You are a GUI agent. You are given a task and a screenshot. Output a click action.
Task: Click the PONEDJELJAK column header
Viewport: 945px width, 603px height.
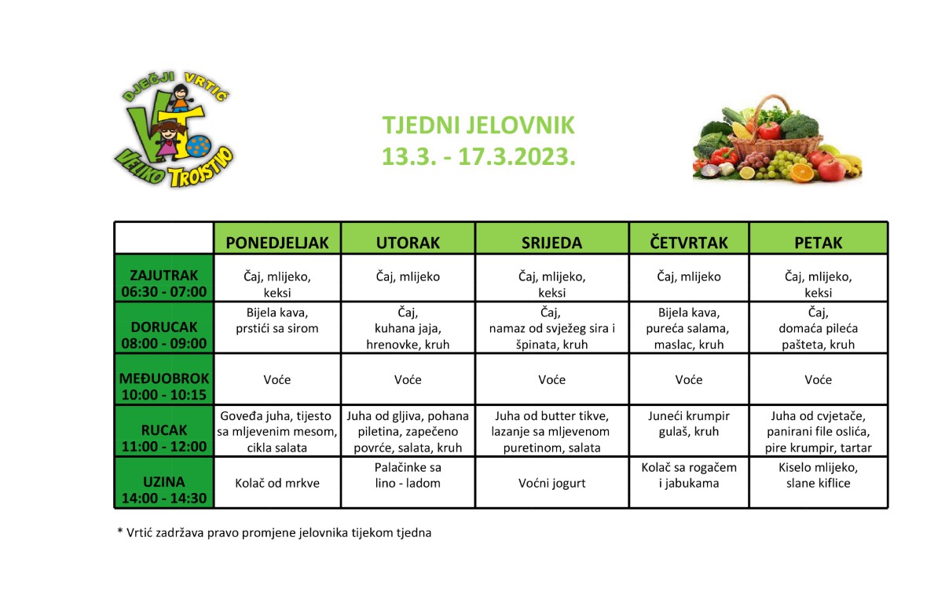click(277, 243)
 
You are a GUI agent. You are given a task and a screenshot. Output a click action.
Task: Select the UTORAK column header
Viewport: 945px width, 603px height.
click(408, 243)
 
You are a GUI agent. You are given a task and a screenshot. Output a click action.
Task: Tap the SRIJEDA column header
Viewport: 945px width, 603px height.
click(551, 243)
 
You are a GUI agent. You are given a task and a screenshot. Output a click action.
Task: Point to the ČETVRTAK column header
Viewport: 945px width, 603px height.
click(689, 243)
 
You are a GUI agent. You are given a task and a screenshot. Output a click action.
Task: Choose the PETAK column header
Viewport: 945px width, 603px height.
click(818, 243)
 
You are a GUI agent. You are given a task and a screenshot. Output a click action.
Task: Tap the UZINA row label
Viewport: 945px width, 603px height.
click(164, 490)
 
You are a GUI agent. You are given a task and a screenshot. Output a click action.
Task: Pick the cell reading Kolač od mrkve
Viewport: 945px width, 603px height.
click(277, 483)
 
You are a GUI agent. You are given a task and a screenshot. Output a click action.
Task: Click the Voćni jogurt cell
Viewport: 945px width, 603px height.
click(551, 484)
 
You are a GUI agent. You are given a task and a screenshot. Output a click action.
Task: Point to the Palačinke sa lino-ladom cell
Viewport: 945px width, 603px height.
click(408, 476)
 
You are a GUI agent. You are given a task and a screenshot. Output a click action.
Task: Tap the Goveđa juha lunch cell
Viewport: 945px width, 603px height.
click(277, 431)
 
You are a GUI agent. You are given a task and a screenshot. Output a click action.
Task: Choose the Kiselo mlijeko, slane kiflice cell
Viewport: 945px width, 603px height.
click(818, 476)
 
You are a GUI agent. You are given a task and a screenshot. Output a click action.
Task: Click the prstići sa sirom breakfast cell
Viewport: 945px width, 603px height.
click(277, 320)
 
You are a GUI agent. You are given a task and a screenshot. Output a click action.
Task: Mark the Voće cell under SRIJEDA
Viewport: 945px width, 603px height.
click(551, 380)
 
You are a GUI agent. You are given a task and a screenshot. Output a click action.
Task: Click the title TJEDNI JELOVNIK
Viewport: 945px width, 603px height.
click(478, 126)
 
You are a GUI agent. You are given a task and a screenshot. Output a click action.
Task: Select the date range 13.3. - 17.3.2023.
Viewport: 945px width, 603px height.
click(478, 156)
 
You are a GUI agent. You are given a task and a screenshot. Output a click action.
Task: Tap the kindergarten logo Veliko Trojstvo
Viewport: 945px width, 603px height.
click(174, 130)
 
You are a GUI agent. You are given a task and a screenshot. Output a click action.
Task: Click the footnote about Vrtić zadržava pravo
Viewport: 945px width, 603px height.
click(274, 532)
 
